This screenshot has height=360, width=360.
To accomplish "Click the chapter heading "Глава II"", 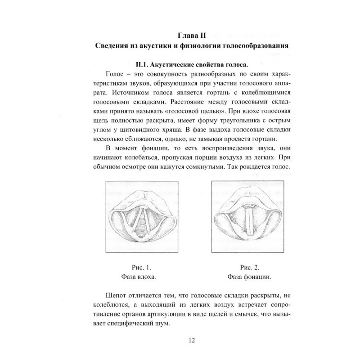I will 192,34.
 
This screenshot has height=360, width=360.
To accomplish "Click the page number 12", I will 192,340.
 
